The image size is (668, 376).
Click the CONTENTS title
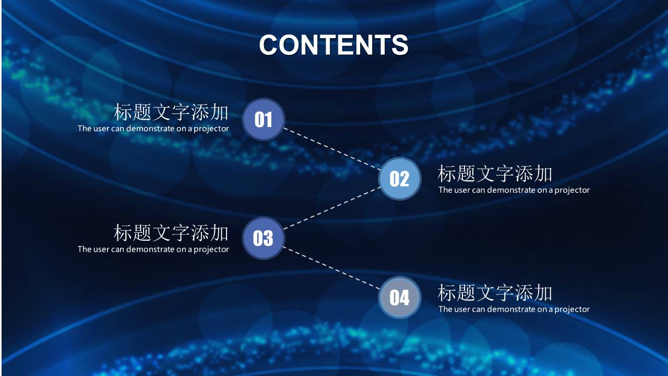(333, 45)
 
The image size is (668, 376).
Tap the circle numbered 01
(264, 120)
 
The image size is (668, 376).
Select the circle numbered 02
(399, 179)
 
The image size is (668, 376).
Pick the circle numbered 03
(264, 238)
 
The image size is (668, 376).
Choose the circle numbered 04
(399, 298)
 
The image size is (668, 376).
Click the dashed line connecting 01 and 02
(332, 149)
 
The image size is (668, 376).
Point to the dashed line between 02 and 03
(332, 208)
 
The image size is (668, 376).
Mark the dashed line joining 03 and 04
(332, 268)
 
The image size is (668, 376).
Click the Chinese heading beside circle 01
(171, 112)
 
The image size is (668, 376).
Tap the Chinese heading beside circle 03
(171, 232)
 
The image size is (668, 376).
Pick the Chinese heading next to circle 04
(495, 293)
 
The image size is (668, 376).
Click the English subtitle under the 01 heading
(153, 128)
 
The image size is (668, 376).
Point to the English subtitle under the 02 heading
(514, 190)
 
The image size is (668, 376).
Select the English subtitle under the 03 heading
(153, 249)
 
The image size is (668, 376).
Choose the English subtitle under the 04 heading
(514, 309)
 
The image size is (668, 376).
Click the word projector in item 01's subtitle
(211, 129)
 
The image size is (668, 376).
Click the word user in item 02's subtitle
(462, 190)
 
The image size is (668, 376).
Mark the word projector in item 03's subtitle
(211, 250)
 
